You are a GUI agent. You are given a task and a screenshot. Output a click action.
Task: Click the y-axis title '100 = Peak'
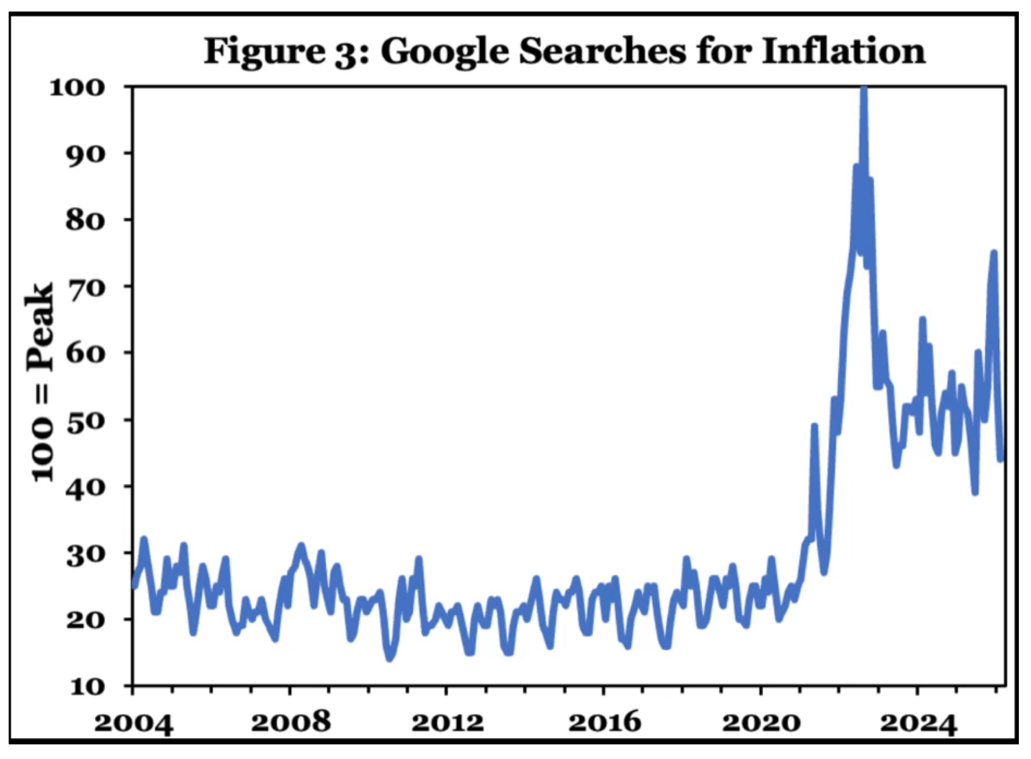click(x=40, y=381)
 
